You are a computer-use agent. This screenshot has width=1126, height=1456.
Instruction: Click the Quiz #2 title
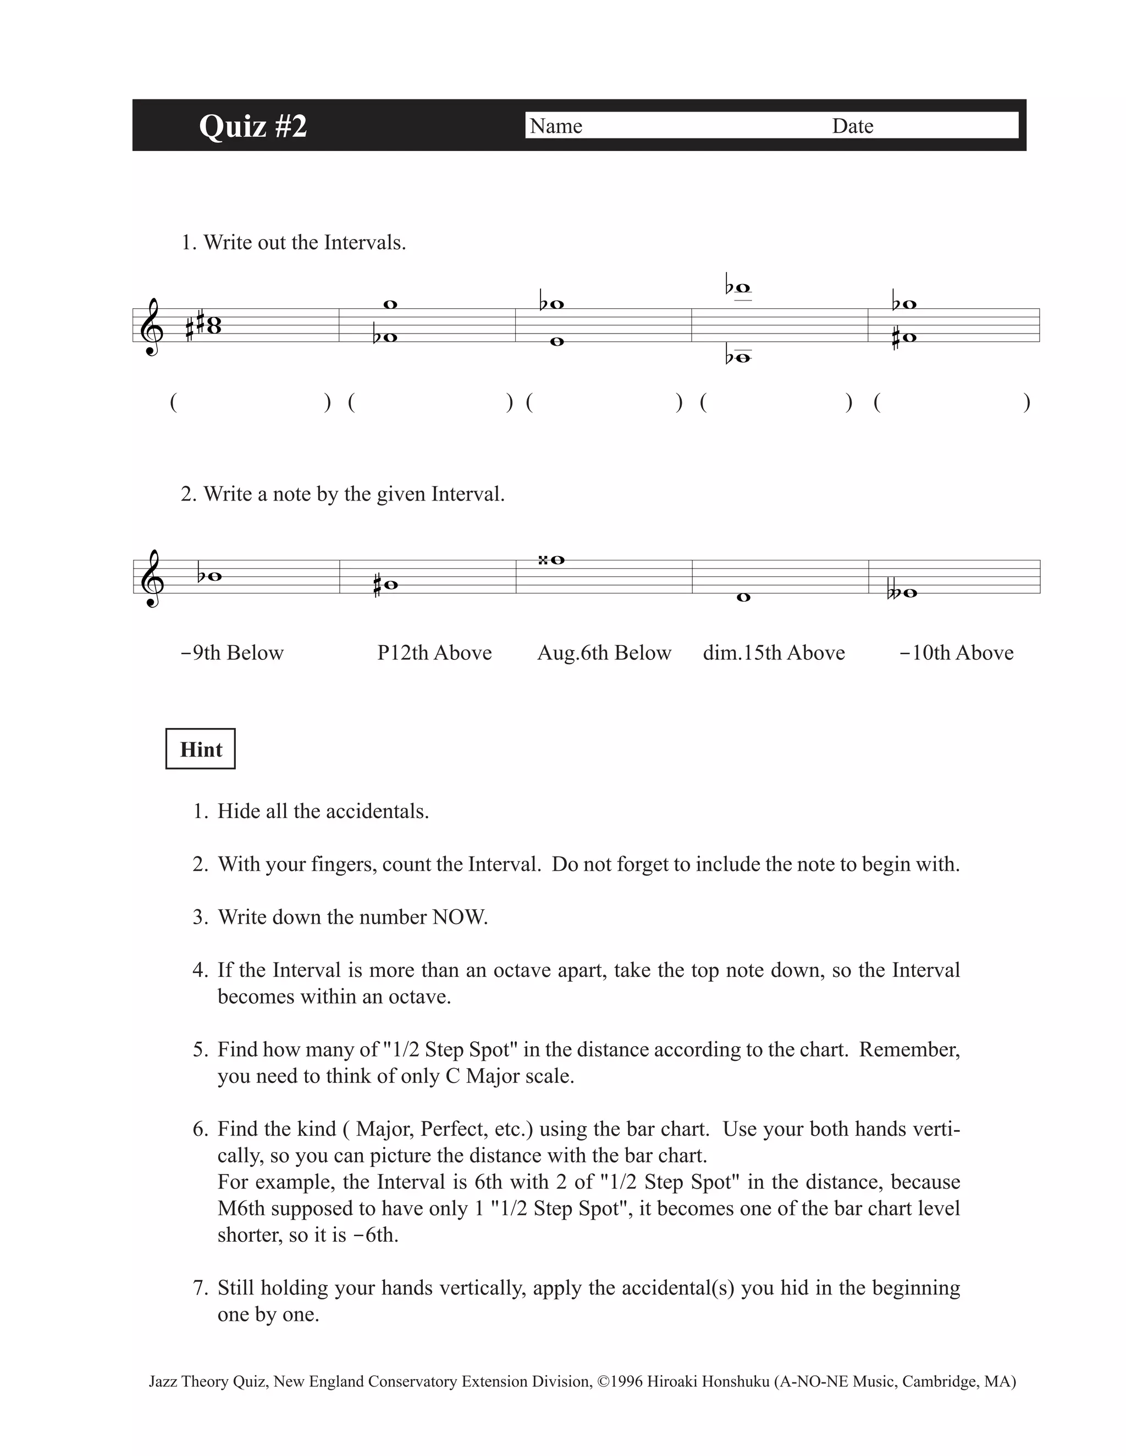[253, 125]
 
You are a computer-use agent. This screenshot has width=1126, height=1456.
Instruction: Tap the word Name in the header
[556, 126]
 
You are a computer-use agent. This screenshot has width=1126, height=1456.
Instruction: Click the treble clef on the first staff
[153, 327]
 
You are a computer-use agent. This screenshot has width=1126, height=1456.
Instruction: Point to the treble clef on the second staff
[153, 578]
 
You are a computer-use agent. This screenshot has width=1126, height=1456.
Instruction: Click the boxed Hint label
[200, 749]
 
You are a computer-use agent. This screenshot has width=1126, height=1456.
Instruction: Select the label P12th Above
[434, 652]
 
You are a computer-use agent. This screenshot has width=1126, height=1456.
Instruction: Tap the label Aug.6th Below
[604, 652]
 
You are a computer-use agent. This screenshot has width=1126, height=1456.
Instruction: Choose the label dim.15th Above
[774, 652]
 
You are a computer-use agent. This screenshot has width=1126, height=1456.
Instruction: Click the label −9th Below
[232, 652]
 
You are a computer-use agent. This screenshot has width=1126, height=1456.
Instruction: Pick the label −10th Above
[956, 652]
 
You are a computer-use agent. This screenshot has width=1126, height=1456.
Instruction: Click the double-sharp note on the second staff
[557, 560]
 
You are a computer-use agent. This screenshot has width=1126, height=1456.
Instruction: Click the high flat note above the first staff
[742, 288]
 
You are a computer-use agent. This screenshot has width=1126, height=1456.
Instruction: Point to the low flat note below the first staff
[742, 358]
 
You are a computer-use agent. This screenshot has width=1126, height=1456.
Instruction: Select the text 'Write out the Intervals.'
[304, 243]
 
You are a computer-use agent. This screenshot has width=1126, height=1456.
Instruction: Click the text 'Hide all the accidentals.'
[323, 812]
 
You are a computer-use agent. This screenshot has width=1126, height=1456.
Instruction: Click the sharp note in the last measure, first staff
[908, 337]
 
